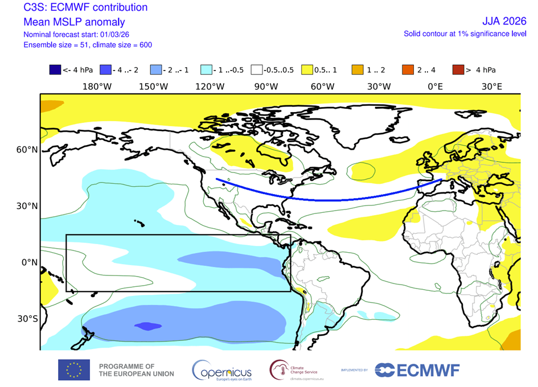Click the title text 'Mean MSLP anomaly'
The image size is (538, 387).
tap(74, 22)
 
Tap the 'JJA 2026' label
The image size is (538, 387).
tap(500, 22)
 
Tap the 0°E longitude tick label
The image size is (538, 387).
tap(436, 87)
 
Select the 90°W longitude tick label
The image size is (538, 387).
tap(266, 87)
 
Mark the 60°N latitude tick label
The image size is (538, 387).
tap(27, 150)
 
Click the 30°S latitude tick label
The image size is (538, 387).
tap(27, 319)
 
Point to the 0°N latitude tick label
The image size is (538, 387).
tap(28, 262)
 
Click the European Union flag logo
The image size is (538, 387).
tap(73, 370)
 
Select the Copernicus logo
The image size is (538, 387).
tap(222, 370)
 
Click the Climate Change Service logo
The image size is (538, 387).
tap(296, 370)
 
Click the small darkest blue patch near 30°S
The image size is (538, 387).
tap(147, 326)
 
